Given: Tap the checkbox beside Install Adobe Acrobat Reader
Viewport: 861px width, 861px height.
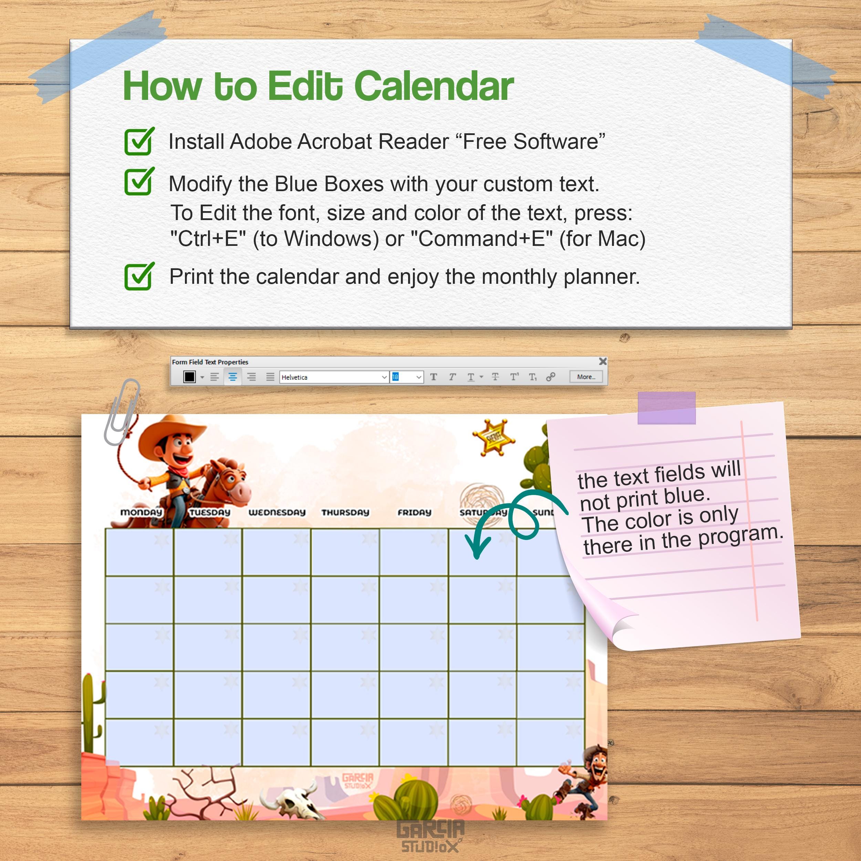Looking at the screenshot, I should (x=138, y=142).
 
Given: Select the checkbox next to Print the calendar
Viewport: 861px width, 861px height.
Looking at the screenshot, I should (x=138, y=277).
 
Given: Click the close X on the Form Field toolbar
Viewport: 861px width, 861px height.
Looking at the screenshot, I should (x=602, y=361).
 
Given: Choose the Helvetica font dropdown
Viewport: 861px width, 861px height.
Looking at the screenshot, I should (x=334, y=377).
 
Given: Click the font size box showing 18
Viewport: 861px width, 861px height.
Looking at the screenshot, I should (x=406, y=377).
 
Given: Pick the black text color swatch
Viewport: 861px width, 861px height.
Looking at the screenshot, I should (x=189, y=377).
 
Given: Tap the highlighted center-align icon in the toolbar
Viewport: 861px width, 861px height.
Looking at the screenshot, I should (x=232, y=377).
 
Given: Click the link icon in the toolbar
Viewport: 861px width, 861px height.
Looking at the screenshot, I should (x=550, y=377).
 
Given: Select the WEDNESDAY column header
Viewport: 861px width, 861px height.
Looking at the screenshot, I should (x=277, y=512).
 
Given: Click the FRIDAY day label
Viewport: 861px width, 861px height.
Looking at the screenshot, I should (x=414, y=512).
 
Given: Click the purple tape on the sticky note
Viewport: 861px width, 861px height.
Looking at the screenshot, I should (x=666, y=408).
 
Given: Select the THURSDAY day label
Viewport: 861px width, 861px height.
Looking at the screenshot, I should (x=345, y=512).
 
